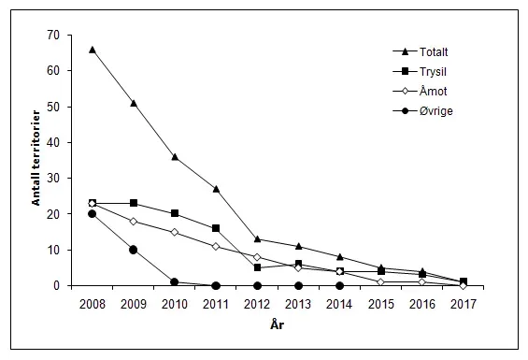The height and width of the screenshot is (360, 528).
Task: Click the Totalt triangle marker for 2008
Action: coord(92,49)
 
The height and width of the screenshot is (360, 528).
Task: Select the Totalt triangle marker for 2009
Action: coord(134,103)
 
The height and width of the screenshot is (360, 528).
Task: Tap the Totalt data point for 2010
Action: coord(175,156)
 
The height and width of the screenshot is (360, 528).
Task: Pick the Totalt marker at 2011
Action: coord(216,189)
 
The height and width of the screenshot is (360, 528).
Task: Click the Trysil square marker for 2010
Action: coord(175,213)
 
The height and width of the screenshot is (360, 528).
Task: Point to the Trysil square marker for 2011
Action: coord(216,228)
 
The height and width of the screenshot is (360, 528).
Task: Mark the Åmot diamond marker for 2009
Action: coord(134,221)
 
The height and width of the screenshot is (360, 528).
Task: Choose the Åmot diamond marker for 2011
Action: coord(216,246)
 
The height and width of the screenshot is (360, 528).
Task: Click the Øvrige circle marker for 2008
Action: coord(92,213)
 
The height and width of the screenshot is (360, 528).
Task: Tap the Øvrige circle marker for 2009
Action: coord(134,250)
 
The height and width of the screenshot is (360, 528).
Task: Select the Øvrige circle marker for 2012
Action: coord(257,285)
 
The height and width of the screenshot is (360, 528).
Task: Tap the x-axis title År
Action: coord(278,323)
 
